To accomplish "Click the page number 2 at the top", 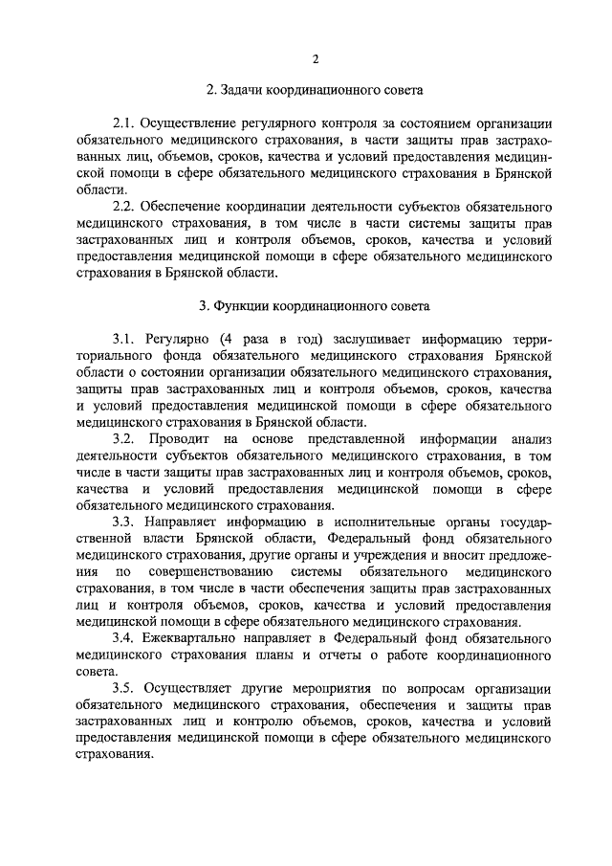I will [316, 58].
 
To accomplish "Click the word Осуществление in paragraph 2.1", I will [186, 124].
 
